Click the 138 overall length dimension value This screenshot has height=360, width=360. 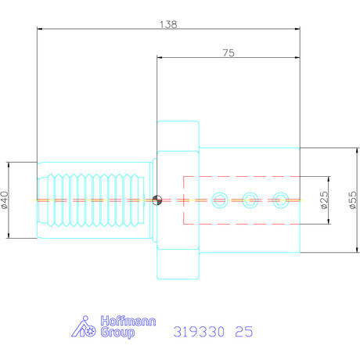click(x=168, y=23)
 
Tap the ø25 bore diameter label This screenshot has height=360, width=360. click(x=323, y=200)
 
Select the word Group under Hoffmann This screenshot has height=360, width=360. click(x=119, y=333)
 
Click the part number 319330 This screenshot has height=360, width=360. click(x=196, y=331)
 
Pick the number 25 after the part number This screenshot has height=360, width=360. click(x=243, y=331)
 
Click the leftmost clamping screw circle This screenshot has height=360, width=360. click(x=220, y=200)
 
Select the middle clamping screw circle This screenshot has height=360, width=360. click(x=250, y=200)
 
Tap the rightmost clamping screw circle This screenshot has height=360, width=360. click(x=279, y=200)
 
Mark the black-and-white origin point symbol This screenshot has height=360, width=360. click(x=158, y=200)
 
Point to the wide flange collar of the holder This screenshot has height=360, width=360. click(x=178, y=200)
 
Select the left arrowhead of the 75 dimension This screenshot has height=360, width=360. click(x=160, y=58)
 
